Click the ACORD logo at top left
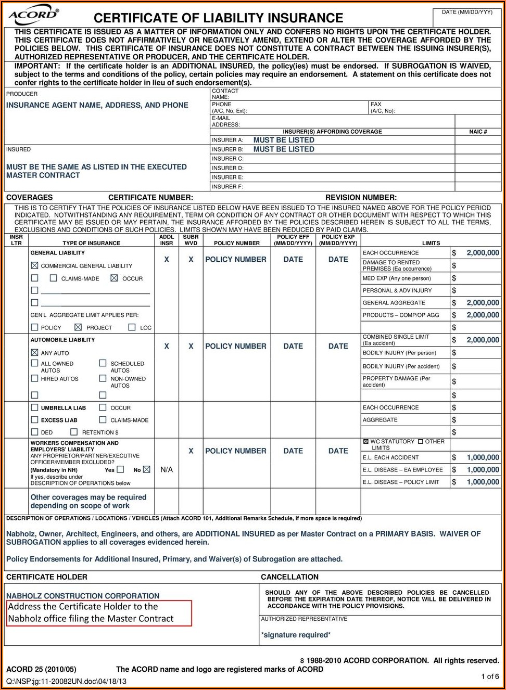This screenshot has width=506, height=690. click(x=33, y=15)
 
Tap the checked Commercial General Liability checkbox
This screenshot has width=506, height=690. click(x=35, y=265)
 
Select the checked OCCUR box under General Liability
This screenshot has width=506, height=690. click(x=114, y=278)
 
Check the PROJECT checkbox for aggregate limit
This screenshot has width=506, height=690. click(x=78, y=327)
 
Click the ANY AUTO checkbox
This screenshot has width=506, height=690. click(x=35, y=353)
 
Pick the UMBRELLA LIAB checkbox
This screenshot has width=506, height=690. click(x=35, y=407)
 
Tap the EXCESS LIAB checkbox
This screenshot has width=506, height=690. click(x=35, y=420)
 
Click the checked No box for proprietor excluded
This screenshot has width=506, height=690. click(x=146, y=469)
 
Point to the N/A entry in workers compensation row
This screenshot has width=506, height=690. click(x=167, y=469)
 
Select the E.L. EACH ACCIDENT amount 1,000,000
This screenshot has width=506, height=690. click(x=483, y=457)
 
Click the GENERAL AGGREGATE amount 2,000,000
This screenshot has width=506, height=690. click(x=483, y=302)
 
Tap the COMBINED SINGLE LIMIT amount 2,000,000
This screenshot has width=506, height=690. click(x=483, y=340)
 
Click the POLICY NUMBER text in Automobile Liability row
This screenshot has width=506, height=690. click(x=235, y=346)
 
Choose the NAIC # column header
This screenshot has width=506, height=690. click(x=478, y=132)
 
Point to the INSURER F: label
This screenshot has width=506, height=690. click(x=227, y=187)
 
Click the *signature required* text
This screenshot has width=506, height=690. click(x=296, y=635)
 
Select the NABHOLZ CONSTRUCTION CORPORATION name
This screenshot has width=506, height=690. click(x=83, y=596)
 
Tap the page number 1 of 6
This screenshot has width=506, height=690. click(x=489, y=676)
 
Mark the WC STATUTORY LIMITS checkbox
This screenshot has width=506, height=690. click(x=365, y=441)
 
